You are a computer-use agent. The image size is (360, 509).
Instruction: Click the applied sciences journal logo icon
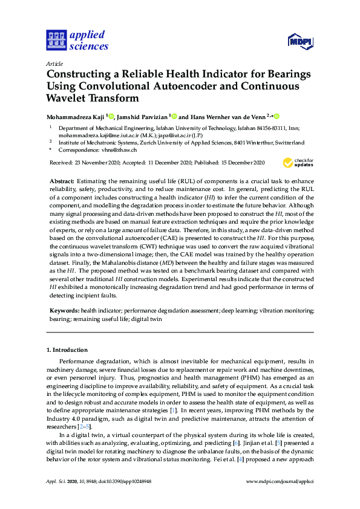[55, 41]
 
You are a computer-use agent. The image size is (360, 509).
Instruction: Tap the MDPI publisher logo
[300, 41]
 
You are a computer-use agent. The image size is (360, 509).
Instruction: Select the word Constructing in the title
[78, 74]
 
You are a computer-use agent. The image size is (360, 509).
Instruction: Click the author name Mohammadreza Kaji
[75, 116]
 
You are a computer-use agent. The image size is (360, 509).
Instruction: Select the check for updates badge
[297, 163]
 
